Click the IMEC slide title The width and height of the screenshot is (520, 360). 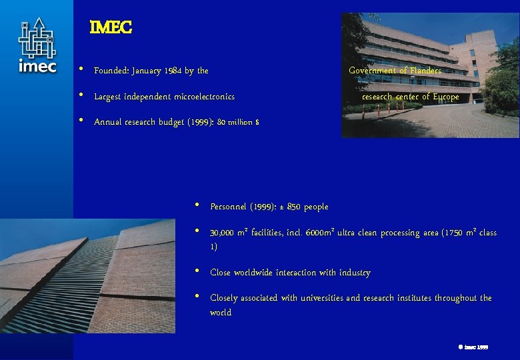tap(111, 27)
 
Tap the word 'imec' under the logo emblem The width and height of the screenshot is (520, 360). tap(37, 66)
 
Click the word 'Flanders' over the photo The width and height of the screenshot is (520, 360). tap(425, 70)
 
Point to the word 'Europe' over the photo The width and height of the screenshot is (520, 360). tap(445, 97)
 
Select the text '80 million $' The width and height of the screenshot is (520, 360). tap(239, 122)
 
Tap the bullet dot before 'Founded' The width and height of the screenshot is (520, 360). tap(81, 69)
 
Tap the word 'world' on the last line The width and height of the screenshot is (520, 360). tap(221, 312)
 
